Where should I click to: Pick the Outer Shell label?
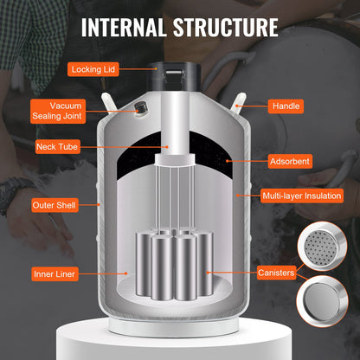pyautogui.click(x=56, y=205)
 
